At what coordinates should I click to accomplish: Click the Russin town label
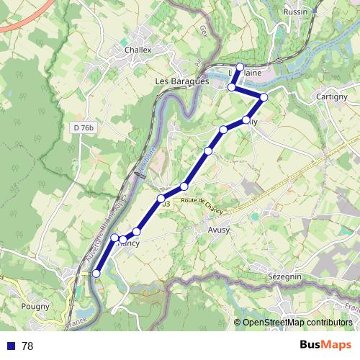click(295, 12)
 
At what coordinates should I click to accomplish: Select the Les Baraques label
click(181, 81)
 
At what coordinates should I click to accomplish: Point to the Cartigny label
click(332, 96)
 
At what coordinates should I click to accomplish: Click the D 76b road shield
click(83, 127)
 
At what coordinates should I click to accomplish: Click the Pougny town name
click(36, 306)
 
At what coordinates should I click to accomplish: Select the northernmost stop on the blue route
click(240, 67)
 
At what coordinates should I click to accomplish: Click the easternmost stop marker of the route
click(264, 97)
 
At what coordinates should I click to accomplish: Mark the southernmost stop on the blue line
click(96, 274)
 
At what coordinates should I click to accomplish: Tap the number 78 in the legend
click(27, 346)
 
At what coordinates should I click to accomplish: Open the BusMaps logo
click(325, 345)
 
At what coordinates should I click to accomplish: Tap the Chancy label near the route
click(127, 243)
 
